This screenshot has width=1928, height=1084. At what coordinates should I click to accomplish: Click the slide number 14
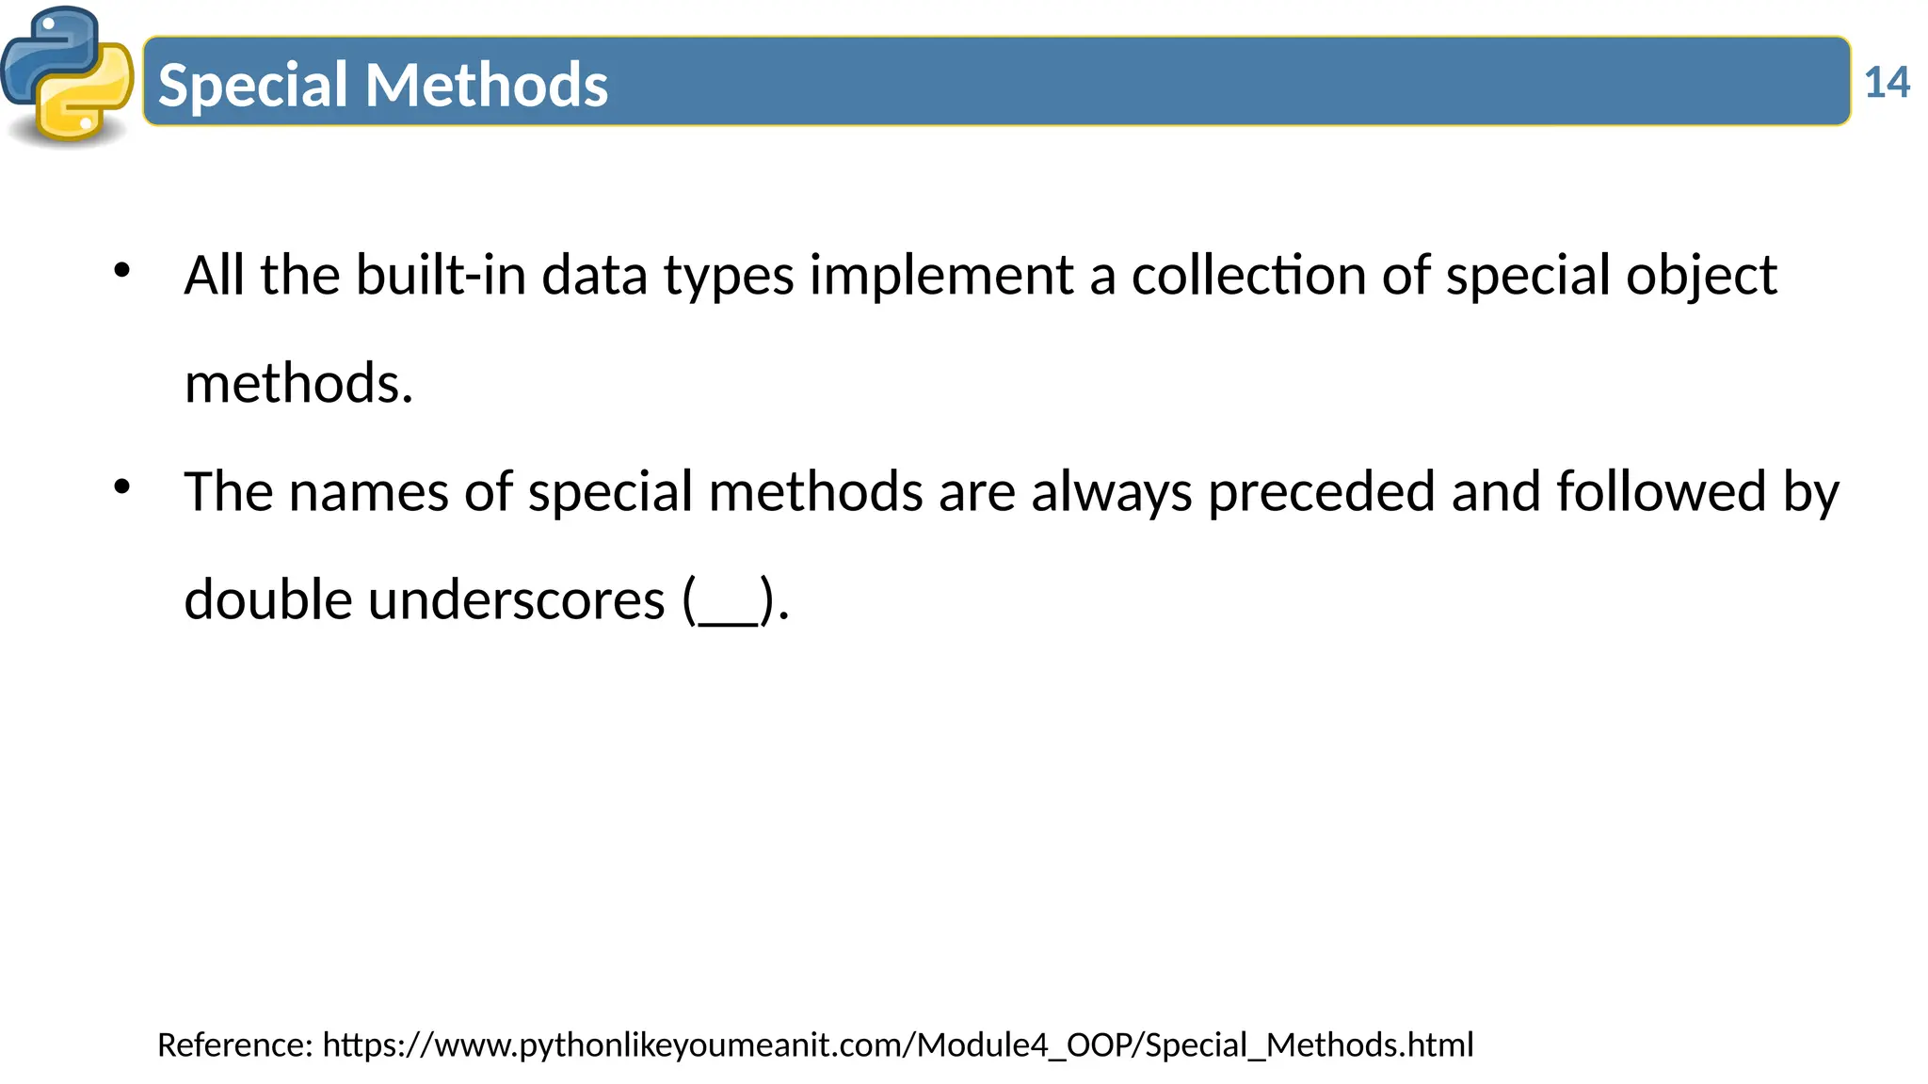pos(1887,83)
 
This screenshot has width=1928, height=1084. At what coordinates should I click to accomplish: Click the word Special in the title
pos(253,85)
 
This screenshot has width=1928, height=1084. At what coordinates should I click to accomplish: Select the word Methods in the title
pos(487,85)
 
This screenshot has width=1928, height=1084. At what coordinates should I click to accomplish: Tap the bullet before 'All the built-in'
pos(121,271)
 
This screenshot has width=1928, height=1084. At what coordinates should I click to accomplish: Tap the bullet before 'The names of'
pos(121,487)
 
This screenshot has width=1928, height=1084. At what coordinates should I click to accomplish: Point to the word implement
pos(940,276)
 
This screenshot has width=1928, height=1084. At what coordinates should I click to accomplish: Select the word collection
pos(1248,276)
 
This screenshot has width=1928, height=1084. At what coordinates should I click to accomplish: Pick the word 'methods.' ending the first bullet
pos(298,384)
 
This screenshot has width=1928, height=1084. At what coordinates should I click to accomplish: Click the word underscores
pos(516,600)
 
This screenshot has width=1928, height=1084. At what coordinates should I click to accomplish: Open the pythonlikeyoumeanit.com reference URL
pos(898,1045)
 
